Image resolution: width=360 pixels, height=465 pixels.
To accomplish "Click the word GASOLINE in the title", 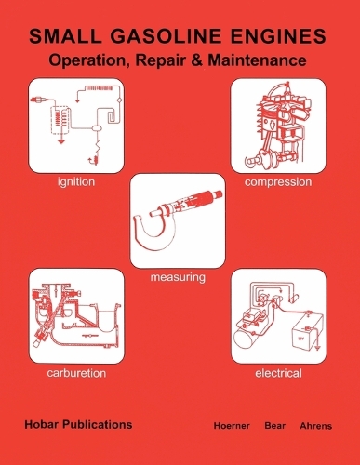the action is tap(166, 36).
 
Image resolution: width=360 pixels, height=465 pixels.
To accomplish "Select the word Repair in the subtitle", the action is tap(162, 60).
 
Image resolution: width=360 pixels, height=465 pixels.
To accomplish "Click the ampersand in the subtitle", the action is tap(197, 60).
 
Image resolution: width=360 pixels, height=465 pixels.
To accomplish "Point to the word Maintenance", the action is tap(257, 60).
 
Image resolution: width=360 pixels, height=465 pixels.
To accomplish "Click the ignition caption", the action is tap(76, 182).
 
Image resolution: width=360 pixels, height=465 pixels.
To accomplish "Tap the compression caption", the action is tap(278, 182).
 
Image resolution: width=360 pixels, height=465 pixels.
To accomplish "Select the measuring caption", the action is tap(178, 277).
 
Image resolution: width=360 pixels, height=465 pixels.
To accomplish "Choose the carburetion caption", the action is tap(76, 373).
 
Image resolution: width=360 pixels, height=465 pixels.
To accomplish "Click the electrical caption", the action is tap(278, 373).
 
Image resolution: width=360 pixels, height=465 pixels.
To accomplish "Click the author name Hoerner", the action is tap(232, 426).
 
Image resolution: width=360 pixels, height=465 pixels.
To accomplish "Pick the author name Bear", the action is tap(274, 426).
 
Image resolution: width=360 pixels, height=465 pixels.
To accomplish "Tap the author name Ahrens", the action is tap(315, 426).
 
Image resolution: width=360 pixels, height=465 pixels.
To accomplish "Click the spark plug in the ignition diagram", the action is tap(39, 100).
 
